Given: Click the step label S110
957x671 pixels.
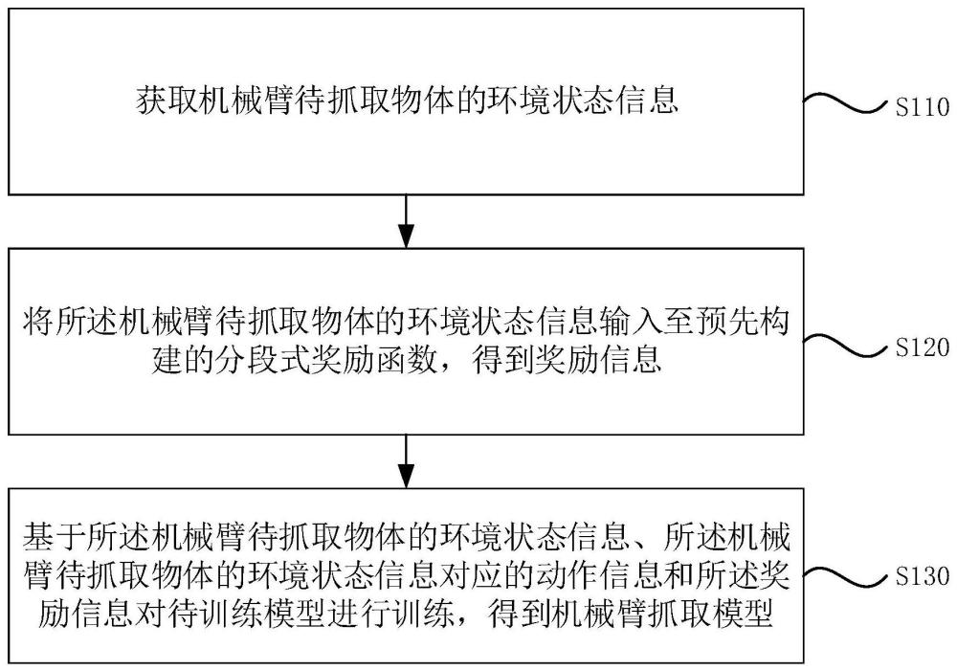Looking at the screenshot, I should (923, 109).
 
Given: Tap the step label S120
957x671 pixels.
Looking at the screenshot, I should (923, 347).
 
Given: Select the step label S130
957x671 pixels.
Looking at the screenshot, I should (923, 577).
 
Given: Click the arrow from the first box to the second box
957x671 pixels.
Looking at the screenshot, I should (408, 222).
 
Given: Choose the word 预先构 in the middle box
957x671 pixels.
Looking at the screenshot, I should (746, 323).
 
